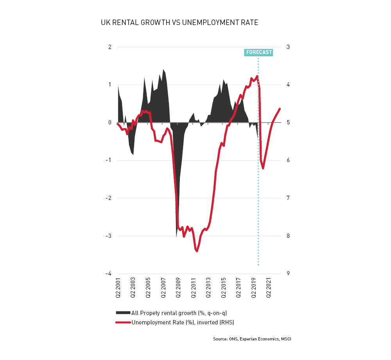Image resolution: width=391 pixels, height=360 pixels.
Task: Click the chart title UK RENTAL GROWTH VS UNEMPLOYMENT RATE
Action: click(x=179, y=23)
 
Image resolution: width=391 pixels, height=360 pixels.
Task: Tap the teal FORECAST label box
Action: click(x=258, y=52)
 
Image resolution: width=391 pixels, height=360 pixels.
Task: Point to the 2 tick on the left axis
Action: click(x=109, y=47)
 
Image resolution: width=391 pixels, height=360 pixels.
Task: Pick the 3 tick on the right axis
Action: click(x=288, y=47)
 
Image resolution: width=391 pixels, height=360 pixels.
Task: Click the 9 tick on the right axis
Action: click(x=288, y=274)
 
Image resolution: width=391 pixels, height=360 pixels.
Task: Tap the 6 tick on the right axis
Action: click(x=288, y=160)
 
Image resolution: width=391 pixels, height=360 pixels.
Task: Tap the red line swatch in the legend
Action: click(x=123, y=322)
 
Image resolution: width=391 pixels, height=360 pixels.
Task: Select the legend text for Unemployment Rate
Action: click(x=183, y=322)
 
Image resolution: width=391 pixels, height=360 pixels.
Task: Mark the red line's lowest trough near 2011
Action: click(x=197, y=251)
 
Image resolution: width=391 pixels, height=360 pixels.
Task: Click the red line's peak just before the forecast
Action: click(x=257, y=76)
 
